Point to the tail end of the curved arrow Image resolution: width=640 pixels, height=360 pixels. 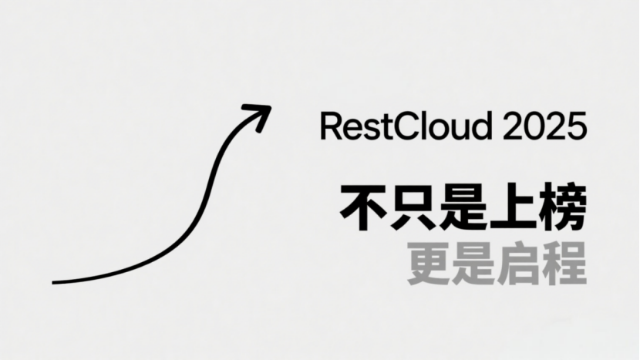click(x=55, y=282)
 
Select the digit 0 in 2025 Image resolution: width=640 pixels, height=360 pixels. click(x=534, y=126)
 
